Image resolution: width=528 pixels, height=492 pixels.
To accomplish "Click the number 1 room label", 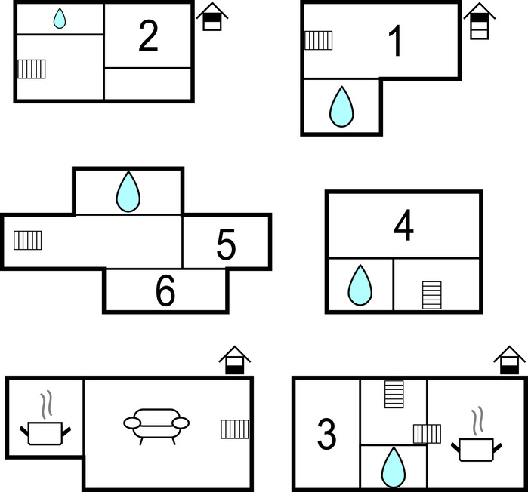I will click(395, 42).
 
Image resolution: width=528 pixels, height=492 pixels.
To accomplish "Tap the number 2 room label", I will click(148, 35).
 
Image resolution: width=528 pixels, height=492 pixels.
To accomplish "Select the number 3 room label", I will click(326, 434).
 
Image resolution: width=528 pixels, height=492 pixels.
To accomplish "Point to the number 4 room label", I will click(404, 226).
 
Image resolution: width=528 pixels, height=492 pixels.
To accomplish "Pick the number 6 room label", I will click(165, 293).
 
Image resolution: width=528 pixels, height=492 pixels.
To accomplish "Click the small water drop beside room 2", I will click(60, 19).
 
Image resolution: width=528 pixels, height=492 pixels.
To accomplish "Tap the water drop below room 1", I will click(341, 106).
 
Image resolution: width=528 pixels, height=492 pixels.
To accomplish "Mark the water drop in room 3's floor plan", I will click(393, 467).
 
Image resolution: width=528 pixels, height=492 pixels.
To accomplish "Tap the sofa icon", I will click(156, 425).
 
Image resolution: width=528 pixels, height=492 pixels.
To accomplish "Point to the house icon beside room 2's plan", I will click(212, 17).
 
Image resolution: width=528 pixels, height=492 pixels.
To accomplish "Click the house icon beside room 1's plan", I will click(479, 20).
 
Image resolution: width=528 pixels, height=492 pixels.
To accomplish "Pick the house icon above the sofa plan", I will click(235, 360).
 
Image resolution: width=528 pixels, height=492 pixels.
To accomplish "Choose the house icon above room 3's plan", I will click(509, 360).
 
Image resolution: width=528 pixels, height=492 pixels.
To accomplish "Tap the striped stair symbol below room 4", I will click(431, 295).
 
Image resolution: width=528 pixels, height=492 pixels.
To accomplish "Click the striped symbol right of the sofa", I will click(235, 429).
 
